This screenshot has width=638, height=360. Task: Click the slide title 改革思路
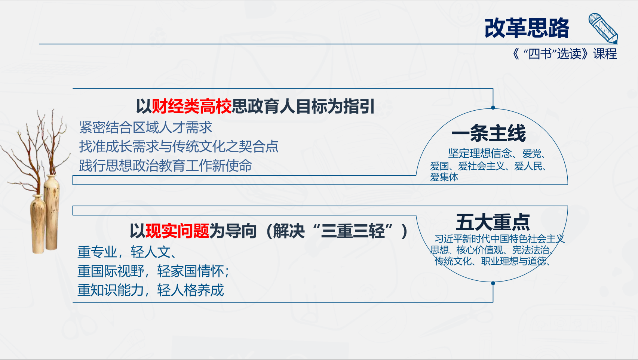pos(527,28)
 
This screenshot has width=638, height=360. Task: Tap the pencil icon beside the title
pos(603,28)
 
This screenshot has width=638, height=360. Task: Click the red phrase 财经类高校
pos(192,106)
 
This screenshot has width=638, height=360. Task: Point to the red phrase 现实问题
pos(177,231)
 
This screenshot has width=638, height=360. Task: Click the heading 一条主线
pos(489,133)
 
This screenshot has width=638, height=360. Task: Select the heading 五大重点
pos(493,222)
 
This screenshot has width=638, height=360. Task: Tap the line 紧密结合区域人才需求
pos(146,127)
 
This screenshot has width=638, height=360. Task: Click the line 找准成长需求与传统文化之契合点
pos(179,147)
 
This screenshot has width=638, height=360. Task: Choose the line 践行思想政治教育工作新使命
pos(165,166)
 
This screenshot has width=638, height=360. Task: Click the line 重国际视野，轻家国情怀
pos(153,271)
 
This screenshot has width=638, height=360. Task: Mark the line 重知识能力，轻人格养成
pos(151,290)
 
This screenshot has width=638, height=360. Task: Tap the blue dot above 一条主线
pos(493,108)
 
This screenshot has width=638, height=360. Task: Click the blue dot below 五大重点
pos(493,283)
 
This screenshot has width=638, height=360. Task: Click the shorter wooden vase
pos(38,224)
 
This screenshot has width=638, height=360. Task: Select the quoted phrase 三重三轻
pos(353,231)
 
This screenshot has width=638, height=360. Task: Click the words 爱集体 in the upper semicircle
pos(444,177)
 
